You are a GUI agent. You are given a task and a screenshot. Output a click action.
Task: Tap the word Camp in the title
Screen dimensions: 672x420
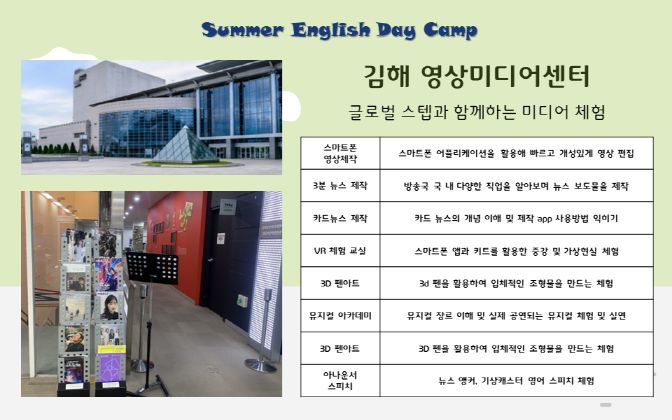[x=450, y=30]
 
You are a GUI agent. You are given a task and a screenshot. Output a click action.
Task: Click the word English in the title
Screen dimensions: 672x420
[x=330, y=30]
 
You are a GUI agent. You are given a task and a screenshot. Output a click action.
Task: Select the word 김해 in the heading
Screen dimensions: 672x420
[x=387, y=76]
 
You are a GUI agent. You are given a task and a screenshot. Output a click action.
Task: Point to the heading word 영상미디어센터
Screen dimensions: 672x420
[x=505, y=76]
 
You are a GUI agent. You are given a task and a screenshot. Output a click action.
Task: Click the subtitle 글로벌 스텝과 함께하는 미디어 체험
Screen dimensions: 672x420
[x=477, y=112]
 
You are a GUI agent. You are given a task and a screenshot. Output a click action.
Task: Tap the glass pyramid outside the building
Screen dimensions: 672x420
[x=185, y=146]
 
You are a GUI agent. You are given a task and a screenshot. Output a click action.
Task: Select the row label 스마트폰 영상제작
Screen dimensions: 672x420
[x=340, y=153]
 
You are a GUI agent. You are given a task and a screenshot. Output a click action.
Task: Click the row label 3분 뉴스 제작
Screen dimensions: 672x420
[x=340, y=186]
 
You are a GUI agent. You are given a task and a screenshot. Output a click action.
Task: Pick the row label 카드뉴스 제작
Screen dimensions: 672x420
[x=340, y=218]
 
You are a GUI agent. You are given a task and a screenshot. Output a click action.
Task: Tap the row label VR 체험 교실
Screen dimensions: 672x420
[x=340, y=251]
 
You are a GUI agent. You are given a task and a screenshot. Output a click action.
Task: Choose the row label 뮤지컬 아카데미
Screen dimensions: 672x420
[x=340, y=316]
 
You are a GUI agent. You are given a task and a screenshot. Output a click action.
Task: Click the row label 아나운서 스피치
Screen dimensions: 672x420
[x=340, y=381]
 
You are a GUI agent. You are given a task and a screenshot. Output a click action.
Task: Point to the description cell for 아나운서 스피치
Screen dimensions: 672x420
[x=516, y=381]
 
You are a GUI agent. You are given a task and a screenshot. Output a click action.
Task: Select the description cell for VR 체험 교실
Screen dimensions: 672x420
[x=516, y=251]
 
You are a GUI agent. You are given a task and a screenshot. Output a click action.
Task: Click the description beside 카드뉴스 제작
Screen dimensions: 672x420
[x=516, y=218]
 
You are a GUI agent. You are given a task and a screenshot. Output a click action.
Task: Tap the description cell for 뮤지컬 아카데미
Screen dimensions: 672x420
[x=516, y=316]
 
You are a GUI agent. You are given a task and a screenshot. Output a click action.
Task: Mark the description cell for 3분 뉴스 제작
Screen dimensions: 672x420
[x=516, y=186]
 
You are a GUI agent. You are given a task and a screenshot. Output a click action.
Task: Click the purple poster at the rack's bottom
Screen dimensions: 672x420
[x=111, y=365]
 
